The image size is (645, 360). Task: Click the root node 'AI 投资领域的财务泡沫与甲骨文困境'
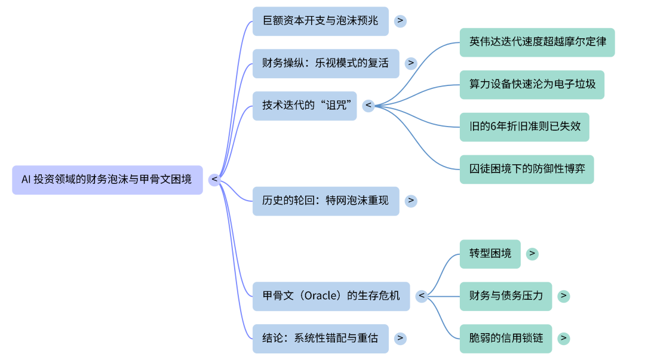click(107, 180)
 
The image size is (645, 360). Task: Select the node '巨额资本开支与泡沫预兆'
click(320, 21)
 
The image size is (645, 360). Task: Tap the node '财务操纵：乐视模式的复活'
click(325, 63)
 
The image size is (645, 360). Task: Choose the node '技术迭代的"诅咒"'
click(305, 106)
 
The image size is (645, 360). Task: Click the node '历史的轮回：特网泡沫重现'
click(325, 201)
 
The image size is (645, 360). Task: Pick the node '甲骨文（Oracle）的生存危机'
click(331, 296)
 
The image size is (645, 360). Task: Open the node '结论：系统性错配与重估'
click(320, 339)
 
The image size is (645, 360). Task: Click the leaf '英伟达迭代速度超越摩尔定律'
click(537, 42)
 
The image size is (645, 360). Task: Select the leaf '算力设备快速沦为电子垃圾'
click(532, 85)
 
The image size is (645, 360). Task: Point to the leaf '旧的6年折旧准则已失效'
click(524, 127)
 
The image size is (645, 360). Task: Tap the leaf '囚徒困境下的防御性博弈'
click(527, 169)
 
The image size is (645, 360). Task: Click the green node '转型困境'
click(490, 254)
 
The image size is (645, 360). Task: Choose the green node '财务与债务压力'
click(506, 296)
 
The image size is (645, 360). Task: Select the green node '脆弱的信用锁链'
click(506, 339)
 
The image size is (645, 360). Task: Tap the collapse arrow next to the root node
click(214, 180)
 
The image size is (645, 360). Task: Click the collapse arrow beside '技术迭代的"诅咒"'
click(368, 106)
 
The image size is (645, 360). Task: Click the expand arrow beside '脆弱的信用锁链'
click(563, 339)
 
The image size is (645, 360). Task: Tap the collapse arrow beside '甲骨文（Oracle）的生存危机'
click(422, 296)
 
